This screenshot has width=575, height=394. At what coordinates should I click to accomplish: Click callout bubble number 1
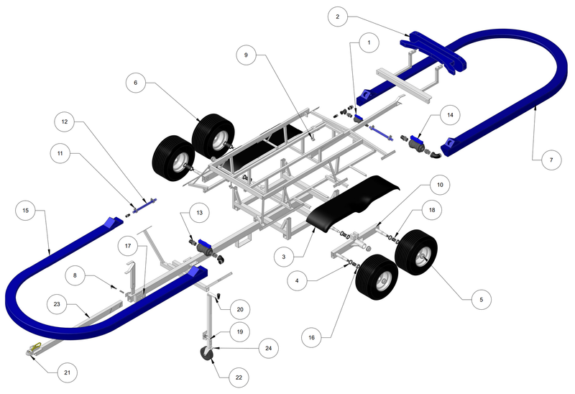(369, 43)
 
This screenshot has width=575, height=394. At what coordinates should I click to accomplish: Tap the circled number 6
(134, 83)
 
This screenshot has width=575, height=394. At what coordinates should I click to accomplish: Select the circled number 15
(25, 211)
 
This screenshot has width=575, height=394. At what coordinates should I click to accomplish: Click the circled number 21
(67, 373)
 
